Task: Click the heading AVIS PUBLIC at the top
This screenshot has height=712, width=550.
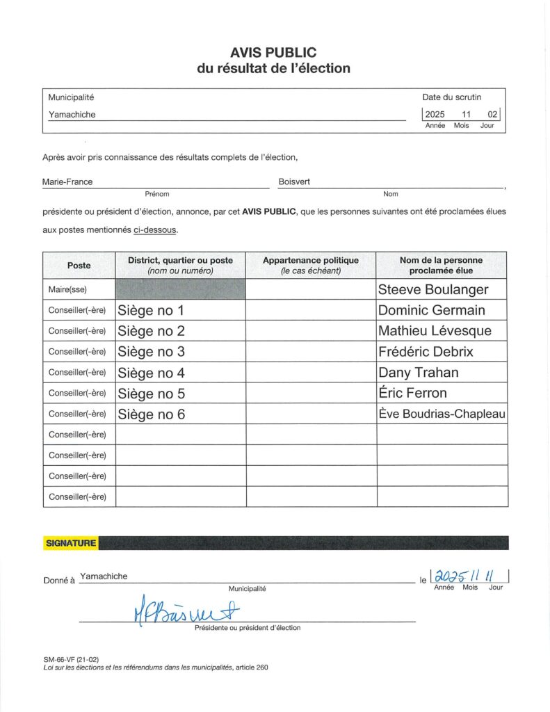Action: point(273,52)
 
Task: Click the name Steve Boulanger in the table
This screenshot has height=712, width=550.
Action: point(432,289)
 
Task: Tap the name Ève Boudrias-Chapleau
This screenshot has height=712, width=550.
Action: point(442,414)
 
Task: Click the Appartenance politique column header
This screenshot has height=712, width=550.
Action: point(310,265)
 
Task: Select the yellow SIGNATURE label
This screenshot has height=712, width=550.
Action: point(71,543)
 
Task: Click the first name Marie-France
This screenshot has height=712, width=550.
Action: point(67,182)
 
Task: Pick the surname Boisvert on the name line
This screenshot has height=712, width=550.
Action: point(294,182)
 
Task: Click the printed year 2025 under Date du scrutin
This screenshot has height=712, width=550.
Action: point(435,114)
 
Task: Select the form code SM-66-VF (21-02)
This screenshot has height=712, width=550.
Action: point(71,658)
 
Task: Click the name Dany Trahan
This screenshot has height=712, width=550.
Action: point(418,373)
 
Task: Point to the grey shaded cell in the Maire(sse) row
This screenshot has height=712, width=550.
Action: point(180,289)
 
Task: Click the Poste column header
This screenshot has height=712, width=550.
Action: point(79,265)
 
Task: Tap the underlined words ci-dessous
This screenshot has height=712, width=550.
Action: point(156,230)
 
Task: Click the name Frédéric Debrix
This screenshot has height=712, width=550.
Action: point(426,352)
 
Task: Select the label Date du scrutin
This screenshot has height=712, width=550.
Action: point(451,97)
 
